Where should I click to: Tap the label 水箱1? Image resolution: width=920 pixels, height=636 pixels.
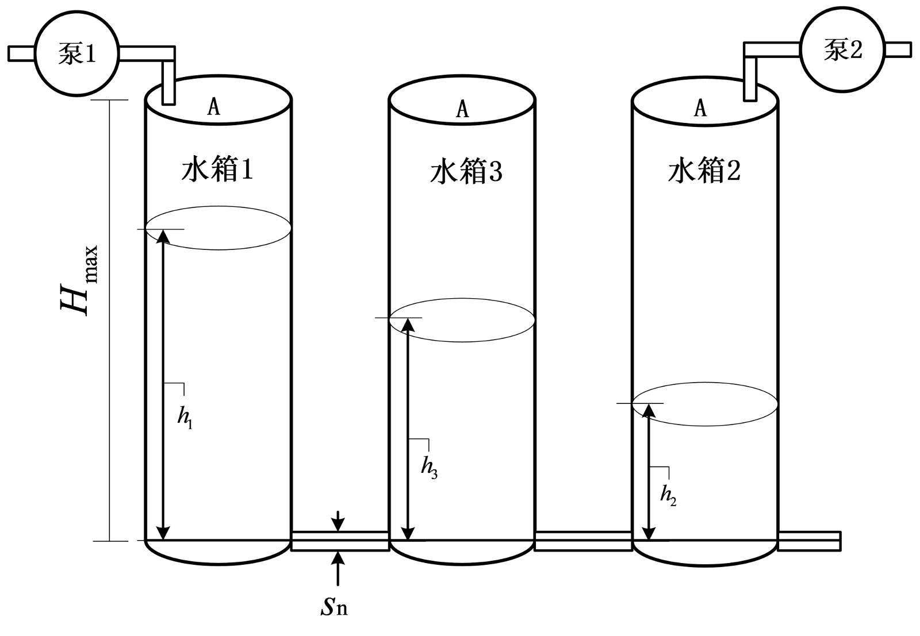217,171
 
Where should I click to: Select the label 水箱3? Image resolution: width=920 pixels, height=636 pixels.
466,172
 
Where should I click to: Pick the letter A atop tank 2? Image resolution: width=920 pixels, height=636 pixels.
700,107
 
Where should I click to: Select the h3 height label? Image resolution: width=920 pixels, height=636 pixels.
429,469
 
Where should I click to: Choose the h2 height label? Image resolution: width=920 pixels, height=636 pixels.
668,495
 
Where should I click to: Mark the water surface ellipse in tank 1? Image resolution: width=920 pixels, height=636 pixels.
217,229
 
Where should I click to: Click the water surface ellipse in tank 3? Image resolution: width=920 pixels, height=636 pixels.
462,320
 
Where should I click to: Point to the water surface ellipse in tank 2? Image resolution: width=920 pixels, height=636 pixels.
706,404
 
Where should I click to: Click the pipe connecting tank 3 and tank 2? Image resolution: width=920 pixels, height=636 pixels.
584,541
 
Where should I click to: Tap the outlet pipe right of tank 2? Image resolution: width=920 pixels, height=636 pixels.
810,541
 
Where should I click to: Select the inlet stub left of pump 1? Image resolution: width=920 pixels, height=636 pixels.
21,53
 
